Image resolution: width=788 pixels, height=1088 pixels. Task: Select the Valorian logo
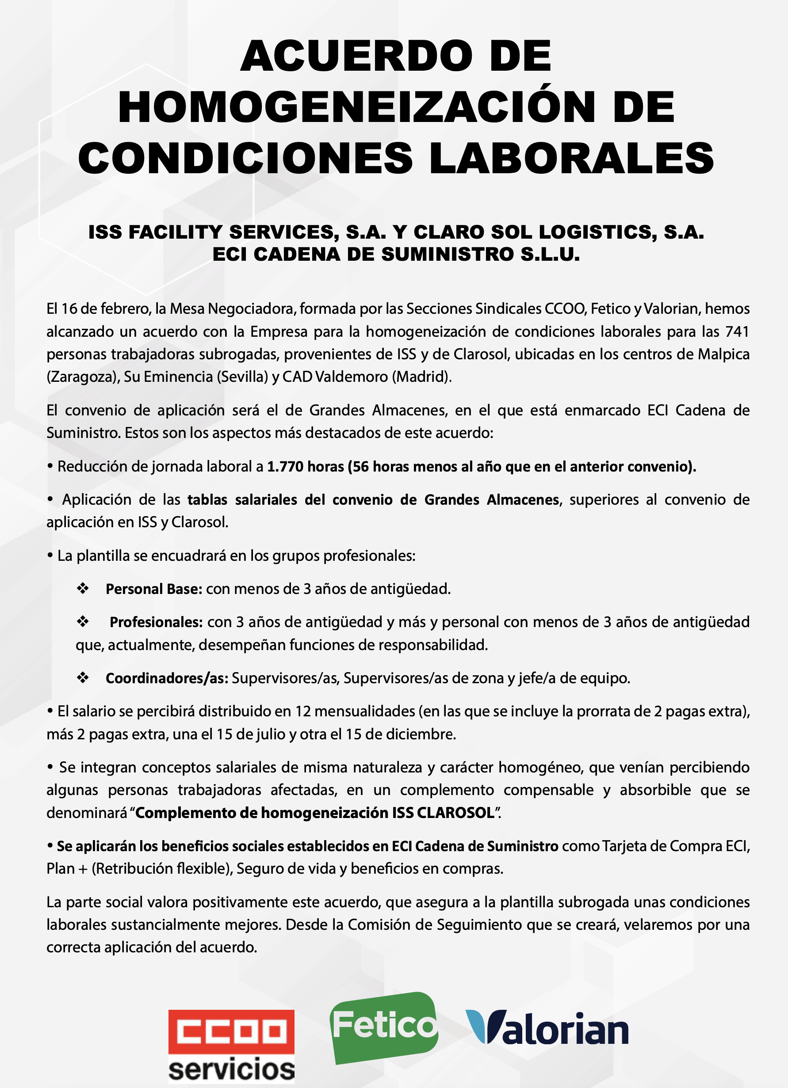pyautogui.click(x=547, y=1028)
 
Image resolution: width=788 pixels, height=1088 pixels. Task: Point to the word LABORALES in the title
pyautogui.click(x=571, y=158)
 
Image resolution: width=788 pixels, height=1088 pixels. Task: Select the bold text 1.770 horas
pyautogui.click(x=305, y=466)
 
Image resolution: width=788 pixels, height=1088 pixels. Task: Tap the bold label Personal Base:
pyautogui.click(x=153, y=589)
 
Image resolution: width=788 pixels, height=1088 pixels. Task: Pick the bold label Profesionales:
pyautogui.click(x=156, y=622)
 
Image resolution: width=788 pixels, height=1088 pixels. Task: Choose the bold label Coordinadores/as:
pyautogui.click(x=167, y=678)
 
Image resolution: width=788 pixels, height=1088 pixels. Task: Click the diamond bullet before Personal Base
pyautogui.click(x=83, y=588)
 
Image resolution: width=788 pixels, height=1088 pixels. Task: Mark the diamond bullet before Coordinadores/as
pyautogui.click(x=83, y=677)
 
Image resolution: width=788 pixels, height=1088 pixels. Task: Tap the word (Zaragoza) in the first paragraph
pyautogui.click(x=83, y=377)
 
